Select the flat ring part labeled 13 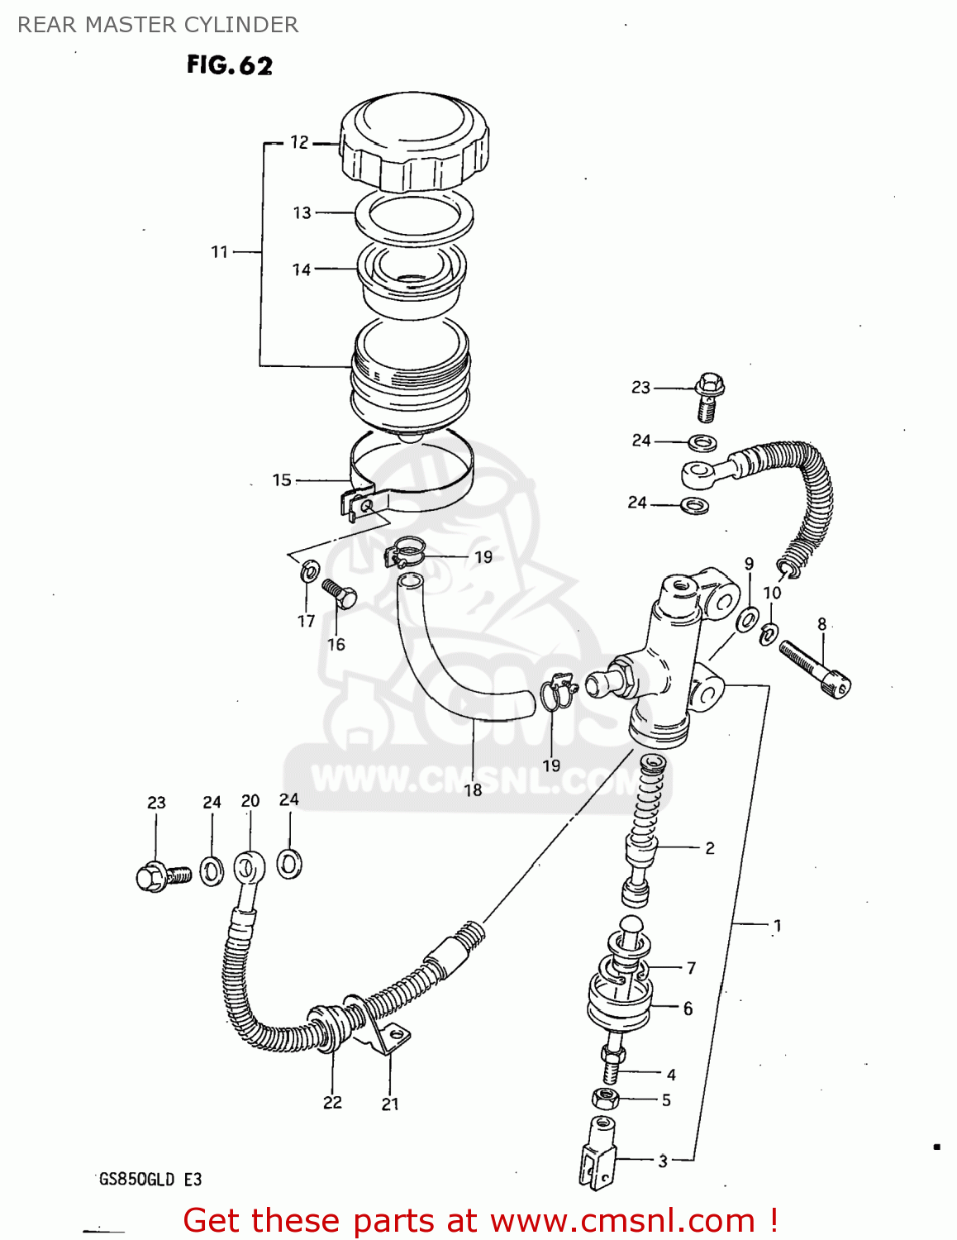tap(414, 217)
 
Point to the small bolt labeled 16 tap(339, 593)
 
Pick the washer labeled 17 tap(310, 570)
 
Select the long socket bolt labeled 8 tap(815, 669)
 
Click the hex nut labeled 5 tap(606, 1099)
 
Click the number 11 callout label tap(219, 251)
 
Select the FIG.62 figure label tap(229, 65)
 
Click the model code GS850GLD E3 tap(150, 1179)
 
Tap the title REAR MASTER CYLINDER tap(158, 25)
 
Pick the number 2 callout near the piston tap(710, 848)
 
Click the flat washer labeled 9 tap(749, 619)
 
